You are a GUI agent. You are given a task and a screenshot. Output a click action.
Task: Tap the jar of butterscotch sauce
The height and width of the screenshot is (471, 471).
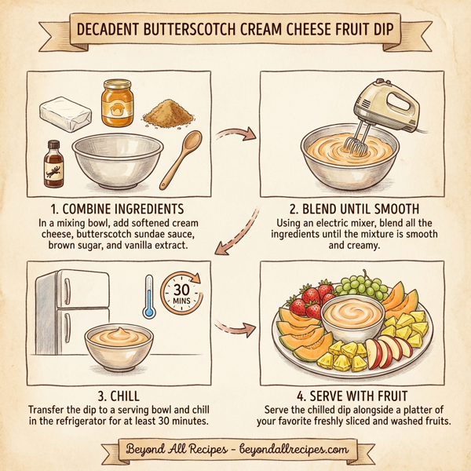[117, 103]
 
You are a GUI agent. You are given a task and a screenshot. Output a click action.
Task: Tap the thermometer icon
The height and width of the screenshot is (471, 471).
[148, 296]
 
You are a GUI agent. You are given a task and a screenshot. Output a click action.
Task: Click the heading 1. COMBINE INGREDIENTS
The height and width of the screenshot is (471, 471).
[116, 210]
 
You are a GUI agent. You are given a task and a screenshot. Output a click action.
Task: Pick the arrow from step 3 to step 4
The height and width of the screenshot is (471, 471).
[236, 324]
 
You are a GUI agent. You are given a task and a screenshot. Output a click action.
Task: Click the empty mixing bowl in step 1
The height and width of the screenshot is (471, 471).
[112, 162]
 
